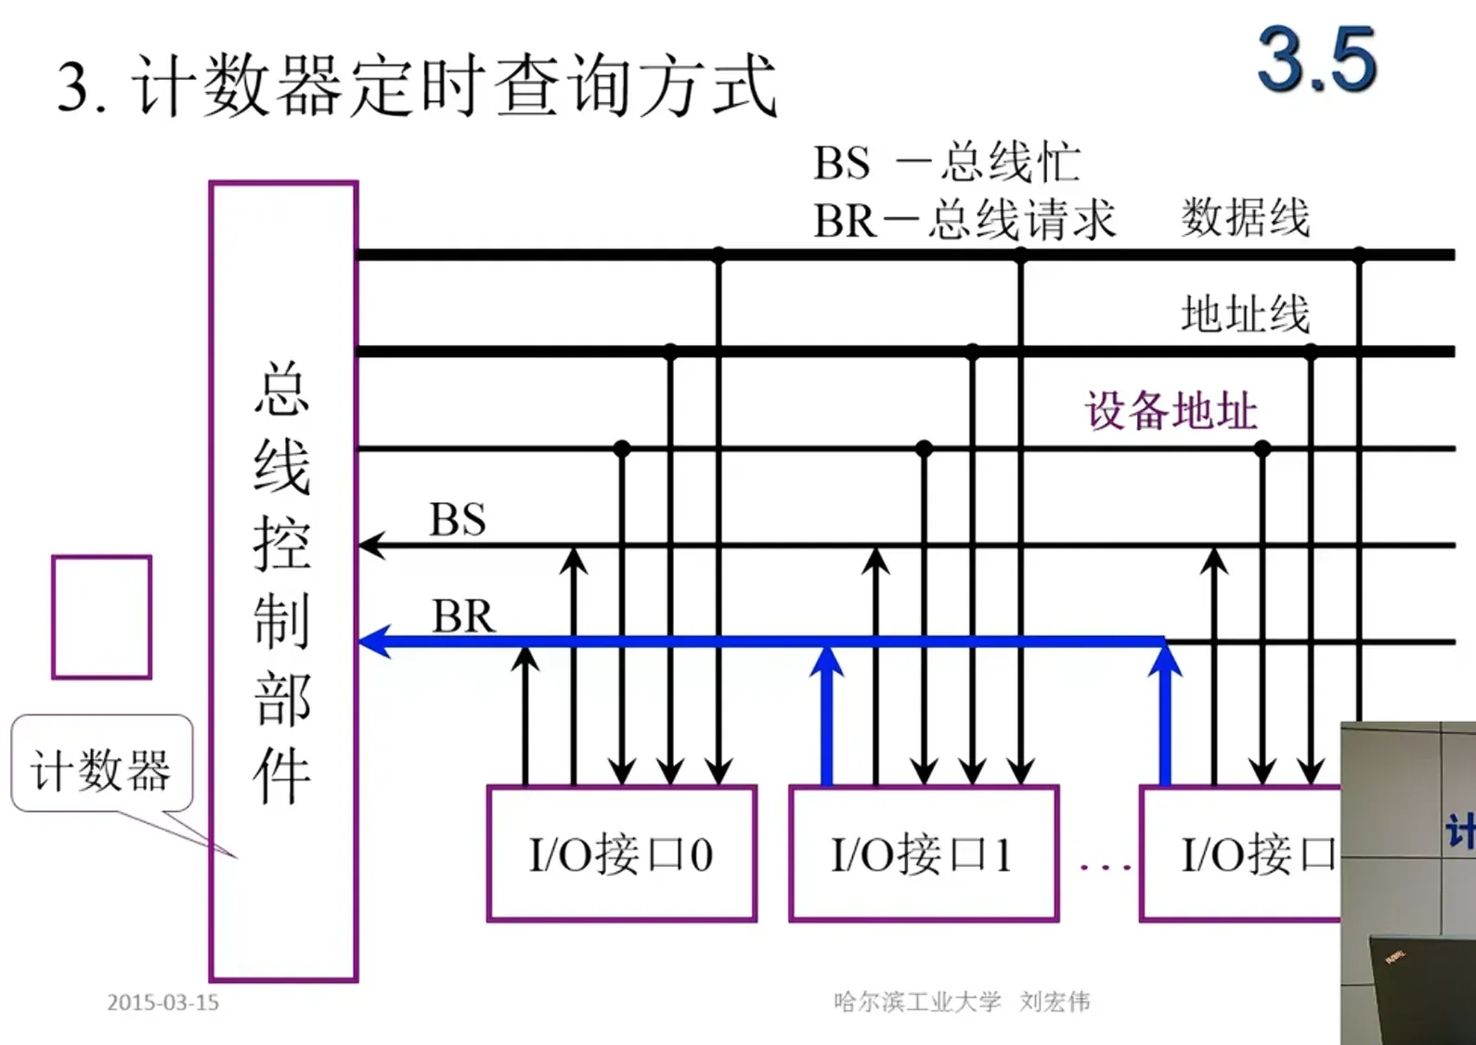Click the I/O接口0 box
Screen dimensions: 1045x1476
click(x=622, y=854)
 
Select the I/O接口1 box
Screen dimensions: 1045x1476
click(x=924, y=854)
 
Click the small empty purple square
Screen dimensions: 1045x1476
click(x=101, y=617)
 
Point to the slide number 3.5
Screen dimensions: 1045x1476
click(x=1316, y=60)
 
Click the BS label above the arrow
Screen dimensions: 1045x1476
click(x=458, y=520)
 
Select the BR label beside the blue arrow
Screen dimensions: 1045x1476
click(x=463, y=616)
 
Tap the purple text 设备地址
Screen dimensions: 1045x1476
click(x=1172, y=410)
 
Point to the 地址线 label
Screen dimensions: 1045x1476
click(x=1245, y=314)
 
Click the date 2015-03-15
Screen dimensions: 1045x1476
click(x=162, y=1002)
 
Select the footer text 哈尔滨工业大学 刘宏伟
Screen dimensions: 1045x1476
click(x=962, y=1001)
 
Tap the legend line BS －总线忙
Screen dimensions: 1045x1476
click(x=946, y=163)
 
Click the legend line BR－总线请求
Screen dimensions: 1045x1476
click(x=964, y=221)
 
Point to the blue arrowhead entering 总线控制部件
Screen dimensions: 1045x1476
click(x=373, y=641)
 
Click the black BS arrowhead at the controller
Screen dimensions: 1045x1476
click(x=371, y=545)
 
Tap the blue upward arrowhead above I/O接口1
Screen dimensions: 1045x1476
click(x=826, y=661)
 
